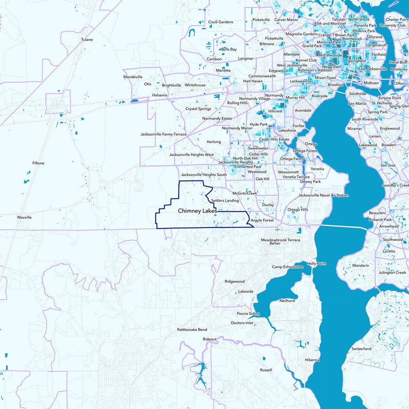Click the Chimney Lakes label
coord(197,211)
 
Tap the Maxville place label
coord(24,217)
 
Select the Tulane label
coord(87,39)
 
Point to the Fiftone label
coord(38,163)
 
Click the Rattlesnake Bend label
coord(192,330)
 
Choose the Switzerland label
coord(361,349)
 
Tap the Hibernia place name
coord(312,360)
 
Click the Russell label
coord(266,370)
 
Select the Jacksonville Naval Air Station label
coord(323,195)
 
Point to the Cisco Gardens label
coord(220,22)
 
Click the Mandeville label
coord(133,77)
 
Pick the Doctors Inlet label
coord(242,323)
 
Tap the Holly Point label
coord(316,264)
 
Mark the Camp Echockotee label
coord(288,267)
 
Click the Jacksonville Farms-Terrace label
coord(164,134)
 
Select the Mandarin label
coord(360,266)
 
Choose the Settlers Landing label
coord(225,201)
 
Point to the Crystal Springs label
coord(198,108)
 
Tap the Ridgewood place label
coord(235,281)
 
